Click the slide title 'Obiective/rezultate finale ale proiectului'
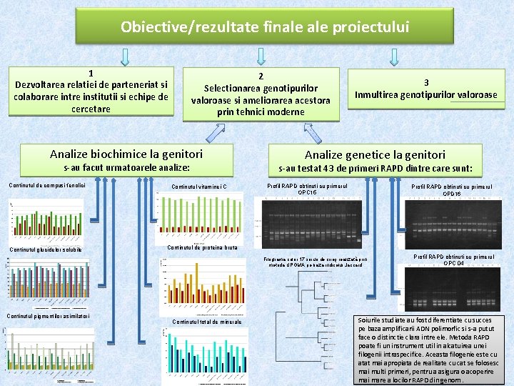click(x=265, y=27)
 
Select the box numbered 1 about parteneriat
click(x=91, y=91)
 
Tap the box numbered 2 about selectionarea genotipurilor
click(x=261, y=94)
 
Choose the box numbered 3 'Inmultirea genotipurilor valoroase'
click(x=425, y=89)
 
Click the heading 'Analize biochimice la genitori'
click(x=126, y=154)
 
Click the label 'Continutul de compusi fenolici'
click(x=47, y=185)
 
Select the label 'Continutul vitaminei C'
click(x=199, y=187)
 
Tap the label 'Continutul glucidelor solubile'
click(x=45, y=249)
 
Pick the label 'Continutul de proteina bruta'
click(x=201, y=247)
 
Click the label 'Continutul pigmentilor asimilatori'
click(x=48, y=316)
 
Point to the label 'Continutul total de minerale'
click(x=207, y=322)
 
